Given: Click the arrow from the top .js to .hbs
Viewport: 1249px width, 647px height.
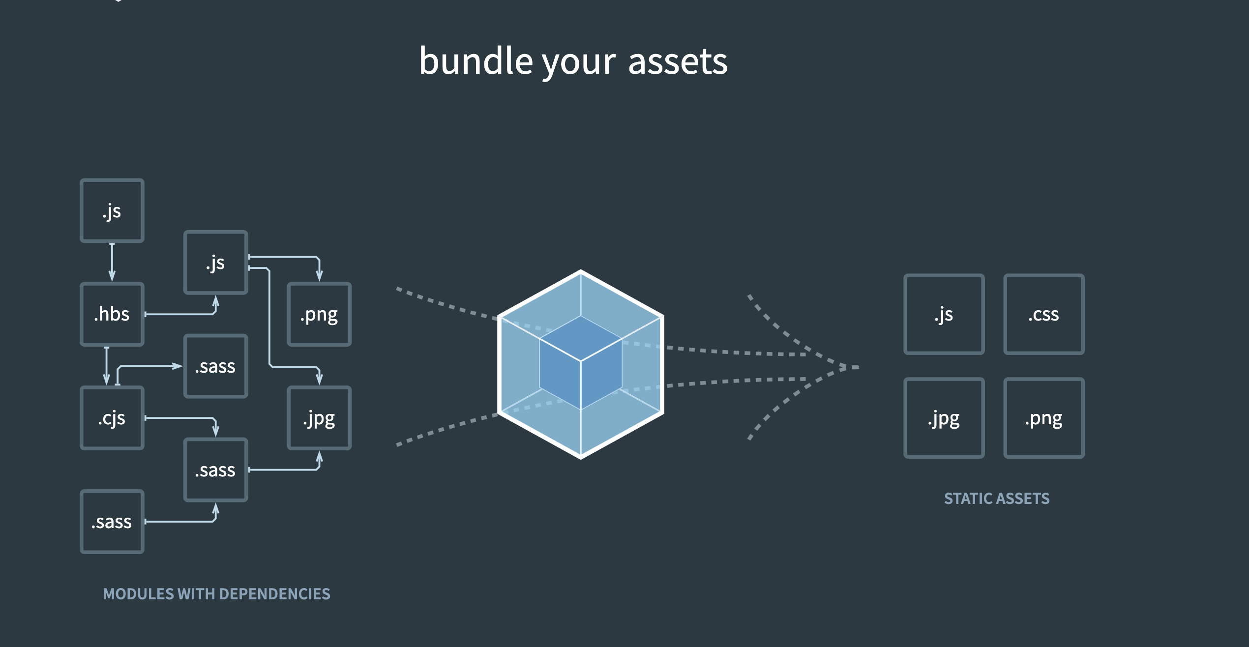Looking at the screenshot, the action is coord(112,262).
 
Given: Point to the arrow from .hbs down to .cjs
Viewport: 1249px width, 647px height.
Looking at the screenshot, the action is coord(107,366).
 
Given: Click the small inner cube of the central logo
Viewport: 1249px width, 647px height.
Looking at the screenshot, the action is coord(581,363).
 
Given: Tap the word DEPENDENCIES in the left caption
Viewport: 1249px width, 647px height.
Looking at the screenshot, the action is coord(274,594).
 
